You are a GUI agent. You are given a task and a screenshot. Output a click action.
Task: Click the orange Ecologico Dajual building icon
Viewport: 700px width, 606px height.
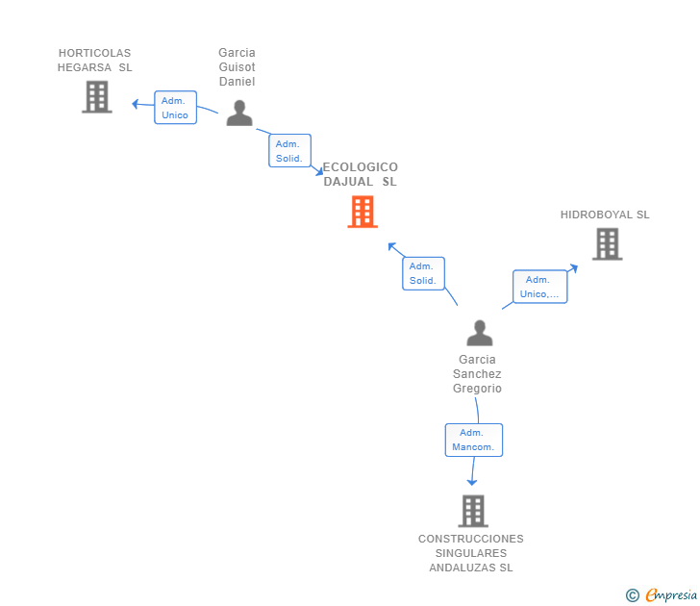(362, 212)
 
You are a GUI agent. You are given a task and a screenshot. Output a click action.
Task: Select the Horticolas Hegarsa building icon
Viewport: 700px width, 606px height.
(96, 97)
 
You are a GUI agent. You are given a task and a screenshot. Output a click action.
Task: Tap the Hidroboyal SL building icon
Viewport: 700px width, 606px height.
(607, 244)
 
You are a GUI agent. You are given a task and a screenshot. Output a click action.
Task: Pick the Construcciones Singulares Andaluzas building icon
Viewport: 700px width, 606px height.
(472, 511)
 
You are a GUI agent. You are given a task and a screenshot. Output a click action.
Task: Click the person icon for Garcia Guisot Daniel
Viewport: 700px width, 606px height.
(238, 114)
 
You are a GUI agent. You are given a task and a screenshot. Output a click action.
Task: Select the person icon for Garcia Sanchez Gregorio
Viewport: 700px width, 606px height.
(479, 333)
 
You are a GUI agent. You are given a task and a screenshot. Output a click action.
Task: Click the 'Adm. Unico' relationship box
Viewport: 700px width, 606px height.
(175, 108)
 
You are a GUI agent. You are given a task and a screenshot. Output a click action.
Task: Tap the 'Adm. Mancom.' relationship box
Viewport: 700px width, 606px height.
(473, 440)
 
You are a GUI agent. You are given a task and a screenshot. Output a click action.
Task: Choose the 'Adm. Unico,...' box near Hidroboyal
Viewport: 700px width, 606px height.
(539, 287)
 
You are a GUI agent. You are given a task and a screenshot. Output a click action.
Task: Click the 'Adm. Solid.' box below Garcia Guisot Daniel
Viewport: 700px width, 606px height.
(289, 151)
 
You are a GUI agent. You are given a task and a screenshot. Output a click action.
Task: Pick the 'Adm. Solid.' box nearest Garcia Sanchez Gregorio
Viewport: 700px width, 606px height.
(423, 273)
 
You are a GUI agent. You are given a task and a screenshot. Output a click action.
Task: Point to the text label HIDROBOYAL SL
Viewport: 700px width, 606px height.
(605, 215)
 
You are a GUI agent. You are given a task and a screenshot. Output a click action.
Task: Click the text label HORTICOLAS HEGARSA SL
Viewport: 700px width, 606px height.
(94, 60)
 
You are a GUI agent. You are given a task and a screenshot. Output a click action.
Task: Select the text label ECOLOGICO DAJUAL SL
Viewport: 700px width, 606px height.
(361, 174)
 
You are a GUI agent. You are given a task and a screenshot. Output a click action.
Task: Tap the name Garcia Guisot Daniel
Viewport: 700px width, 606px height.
(237, 67)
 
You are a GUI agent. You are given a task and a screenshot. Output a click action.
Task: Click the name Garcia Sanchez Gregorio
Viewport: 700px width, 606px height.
(477, 374)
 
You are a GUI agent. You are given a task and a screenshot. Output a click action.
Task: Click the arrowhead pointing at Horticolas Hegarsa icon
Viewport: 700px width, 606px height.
(136, 102)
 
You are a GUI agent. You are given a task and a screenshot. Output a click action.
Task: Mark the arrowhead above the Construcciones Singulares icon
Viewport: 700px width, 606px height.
(472, 481)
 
